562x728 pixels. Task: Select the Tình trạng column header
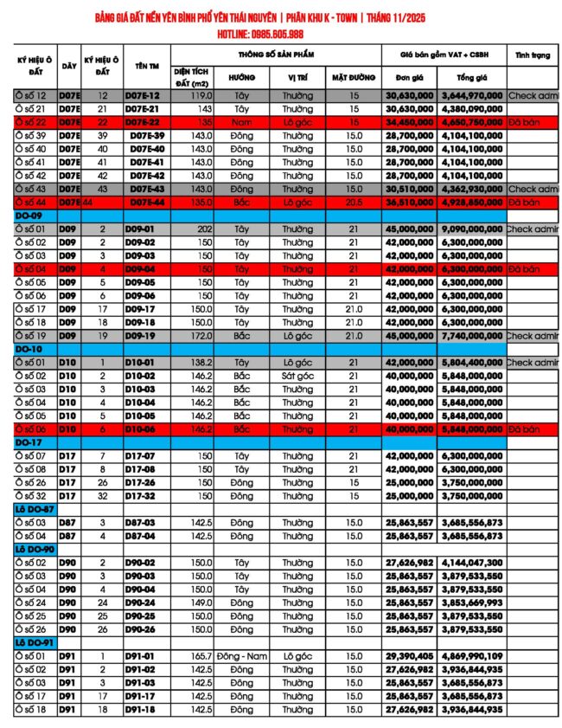[x=533, y=55]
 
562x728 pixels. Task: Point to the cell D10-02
[x=140, y=377]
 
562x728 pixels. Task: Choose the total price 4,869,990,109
[x=471, y=656]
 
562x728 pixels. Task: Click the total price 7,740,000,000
[x=471, y=335]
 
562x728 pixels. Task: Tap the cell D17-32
[x=140, y=496]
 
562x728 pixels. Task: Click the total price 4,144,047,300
[x=471, y=563]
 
